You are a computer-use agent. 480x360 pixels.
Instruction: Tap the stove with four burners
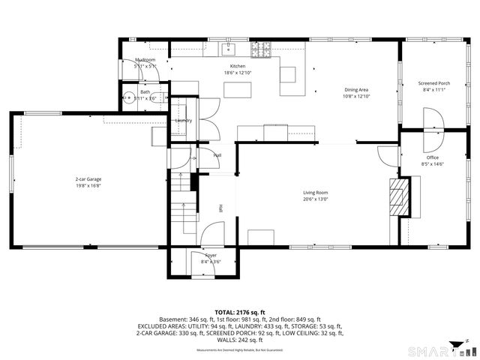[x=260, y=49]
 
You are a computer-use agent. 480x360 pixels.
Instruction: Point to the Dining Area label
[x=356, y=90]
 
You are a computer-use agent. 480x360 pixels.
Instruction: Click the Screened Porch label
[x=434, y=83]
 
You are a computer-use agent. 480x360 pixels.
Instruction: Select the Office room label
[x=433, y=157]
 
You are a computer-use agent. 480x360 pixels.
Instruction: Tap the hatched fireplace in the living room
[x=398, y=196]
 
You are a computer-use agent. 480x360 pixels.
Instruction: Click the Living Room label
[x=315, y=193]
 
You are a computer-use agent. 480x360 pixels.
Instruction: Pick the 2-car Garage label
[x=88, y=179]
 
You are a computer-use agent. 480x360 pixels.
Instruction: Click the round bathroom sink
[x=129, y=97]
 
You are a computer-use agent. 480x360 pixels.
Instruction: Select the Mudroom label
[x=145, y=60]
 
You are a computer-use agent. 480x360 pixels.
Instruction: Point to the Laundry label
[x=183, y=120]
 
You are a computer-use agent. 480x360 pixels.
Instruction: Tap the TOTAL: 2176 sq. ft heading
[x=240, y=312]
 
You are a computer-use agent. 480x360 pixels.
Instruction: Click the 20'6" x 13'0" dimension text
[x=315, y=199]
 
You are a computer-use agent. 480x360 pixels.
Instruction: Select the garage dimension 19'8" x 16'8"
[x=88, y=186]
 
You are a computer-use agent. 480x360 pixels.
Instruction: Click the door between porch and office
[x=433, y=120]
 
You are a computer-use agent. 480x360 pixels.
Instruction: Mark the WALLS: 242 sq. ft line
[x=240, y=340]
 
